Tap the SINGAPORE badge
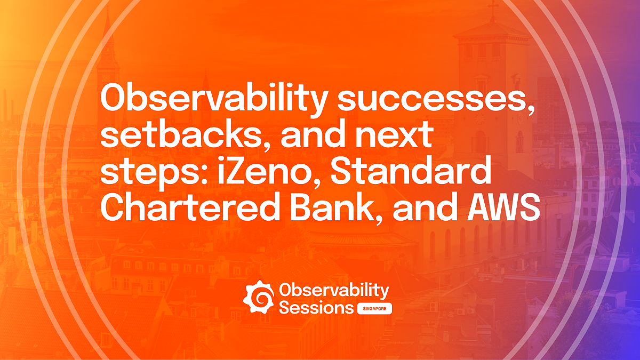(374, 309)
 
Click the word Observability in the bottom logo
(334, 291)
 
